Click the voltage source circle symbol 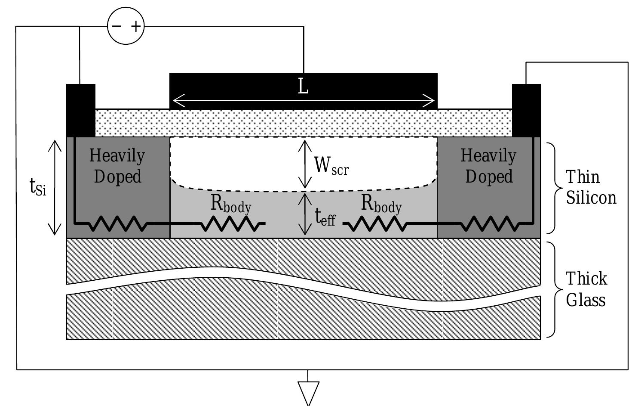pyautogui.click(x=126, y=26)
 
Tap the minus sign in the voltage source pyautogui.click(x=117, y=26)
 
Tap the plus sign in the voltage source pyautogui.click(x=136, y=26)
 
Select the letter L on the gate pyautogui.click(x=303, y=87)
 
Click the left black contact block pyautogui.click(x=81, y=110)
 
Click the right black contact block pyautogui.click(x=526, y=110)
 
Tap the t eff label pyautogui.click(x=325, y=217)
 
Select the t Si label pyautogui.click(x=38, y=188)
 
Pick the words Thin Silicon pyautogui.click(x=591, y=187)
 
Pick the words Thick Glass pyautogui.click(x=586, y=289)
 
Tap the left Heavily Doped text pyautogui.click(x=117, y=166)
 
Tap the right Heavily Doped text pyautogui.click(x=489, y=166)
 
